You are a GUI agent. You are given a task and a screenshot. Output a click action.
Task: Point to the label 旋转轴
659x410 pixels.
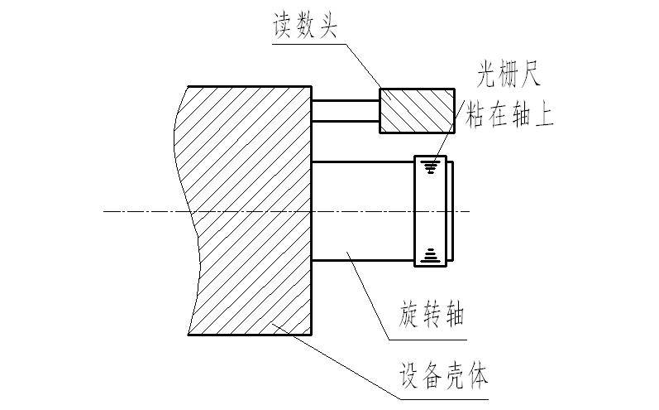(x=431, y=315)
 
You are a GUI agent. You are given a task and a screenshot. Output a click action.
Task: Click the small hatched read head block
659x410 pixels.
(x=417, y=110)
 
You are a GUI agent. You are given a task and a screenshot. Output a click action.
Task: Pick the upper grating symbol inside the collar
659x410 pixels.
(x=428, y=167)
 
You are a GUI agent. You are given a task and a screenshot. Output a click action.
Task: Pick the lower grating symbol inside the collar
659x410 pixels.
(x=428, y=254)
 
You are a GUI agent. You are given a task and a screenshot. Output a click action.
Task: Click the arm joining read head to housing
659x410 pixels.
(x=345, y=110)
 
